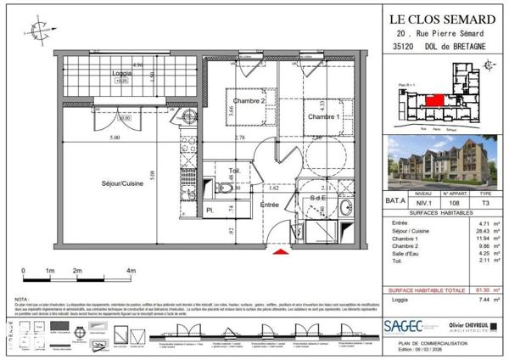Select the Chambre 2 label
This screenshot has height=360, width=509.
(x=243, y=102)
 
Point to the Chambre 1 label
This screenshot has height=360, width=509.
(x=324, y=116)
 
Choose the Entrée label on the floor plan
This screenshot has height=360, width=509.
(x=269, y=205)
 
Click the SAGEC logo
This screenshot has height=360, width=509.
(x=406, y=324)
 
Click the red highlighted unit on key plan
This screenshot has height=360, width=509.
(x=433, y=101)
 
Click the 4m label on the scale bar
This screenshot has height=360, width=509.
(x=130, y=270)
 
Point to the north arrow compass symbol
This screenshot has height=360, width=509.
(x=38, y=31)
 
